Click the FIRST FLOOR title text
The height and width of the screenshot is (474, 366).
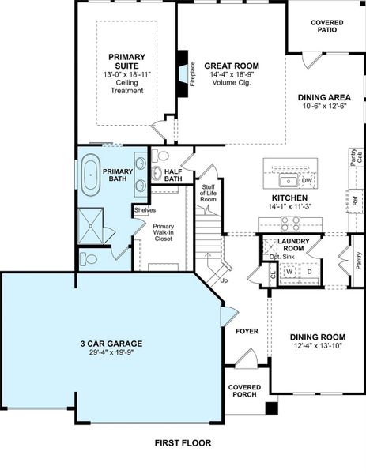click(x=183, y=443)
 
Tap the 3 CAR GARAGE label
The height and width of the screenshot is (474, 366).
click(x=111, y=344)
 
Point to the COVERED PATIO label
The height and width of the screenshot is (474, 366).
click(x=327, y=26)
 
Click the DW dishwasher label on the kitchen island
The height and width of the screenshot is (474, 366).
click(x=307, y=181)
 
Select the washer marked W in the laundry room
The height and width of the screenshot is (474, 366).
click(x=289, y=272)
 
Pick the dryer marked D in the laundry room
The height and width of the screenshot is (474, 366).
click(x=310, y=272)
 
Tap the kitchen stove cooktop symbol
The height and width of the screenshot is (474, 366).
click(x=291, y=223)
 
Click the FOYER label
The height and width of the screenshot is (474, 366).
click(x=247, y=331)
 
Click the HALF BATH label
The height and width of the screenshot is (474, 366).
click(x=173, y=175)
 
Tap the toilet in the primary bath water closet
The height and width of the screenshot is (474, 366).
click(x=90, y=258)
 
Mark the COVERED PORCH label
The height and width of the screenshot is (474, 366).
click(x=244, y=391)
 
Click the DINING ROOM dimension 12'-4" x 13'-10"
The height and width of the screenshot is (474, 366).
click(x=318, y=345)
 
